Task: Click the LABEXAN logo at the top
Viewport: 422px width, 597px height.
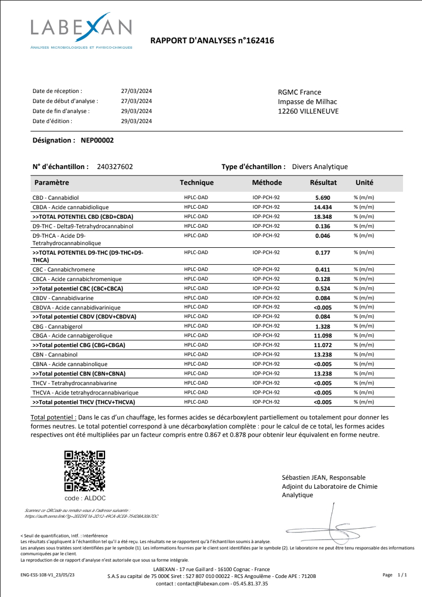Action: click(81, 32)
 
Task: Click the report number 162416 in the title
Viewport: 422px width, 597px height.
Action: click(258, 41)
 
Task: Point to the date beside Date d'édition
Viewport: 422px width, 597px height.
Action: click(136, 121)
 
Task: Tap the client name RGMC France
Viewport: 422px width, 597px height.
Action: click(299, 92)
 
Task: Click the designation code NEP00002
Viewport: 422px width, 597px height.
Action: click(97, 141)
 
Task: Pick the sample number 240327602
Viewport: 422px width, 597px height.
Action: click(115, 166)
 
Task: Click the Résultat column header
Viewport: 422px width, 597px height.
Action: click(323, 183)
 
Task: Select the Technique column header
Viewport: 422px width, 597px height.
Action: click(196, 183)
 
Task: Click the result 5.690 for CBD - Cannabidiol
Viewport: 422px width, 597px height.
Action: click(322, 198)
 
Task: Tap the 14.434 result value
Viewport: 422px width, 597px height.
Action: click(322, 207)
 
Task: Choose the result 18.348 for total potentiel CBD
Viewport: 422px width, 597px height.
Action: click(322, 217)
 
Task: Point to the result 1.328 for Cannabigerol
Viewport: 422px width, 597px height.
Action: click(322, 326)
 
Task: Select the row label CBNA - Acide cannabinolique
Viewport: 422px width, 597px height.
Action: click(70, 364)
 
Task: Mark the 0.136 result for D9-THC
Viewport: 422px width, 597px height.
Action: click(322, 226)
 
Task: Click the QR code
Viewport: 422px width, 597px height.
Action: click(85, 471)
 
